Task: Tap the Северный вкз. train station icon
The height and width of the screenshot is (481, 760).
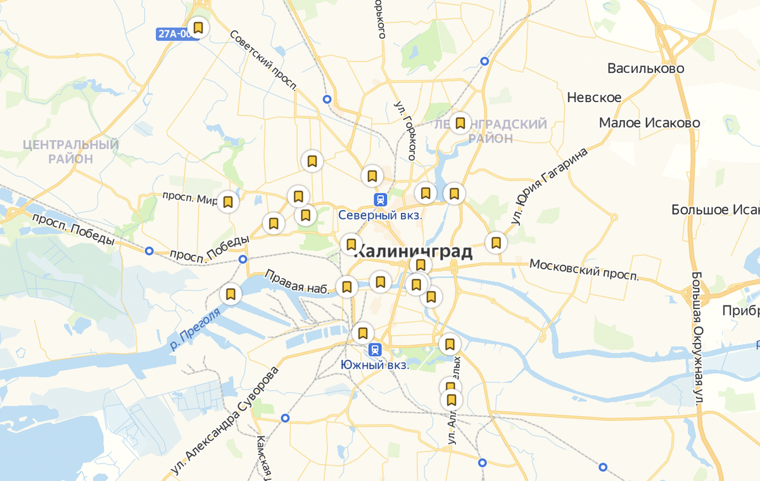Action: point(380,200)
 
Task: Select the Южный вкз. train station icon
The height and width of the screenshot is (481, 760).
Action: point(375,350)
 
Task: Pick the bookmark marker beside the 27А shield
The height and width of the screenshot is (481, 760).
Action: point(198,28)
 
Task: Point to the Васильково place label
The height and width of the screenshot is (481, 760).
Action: point(645,68)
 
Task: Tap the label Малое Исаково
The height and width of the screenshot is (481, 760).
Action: point(649,123)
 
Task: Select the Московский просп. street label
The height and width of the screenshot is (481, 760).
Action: point(584,269)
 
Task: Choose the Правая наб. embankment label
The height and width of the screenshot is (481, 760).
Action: point(298,283)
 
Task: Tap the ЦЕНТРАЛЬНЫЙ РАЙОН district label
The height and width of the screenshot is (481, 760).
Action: point(70,152)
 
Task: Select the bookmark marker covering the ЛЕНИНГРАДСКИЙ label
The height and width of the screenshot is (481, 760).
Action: point(460,122)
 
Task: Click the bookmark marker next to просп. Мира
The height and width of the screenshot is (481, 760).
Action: point(228,202)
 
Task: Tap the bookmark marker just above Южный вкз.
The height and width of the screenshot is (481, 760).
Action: point(363,333)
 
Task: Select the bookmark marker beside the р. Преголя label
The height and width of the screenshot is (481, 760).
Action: point(231,295)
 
